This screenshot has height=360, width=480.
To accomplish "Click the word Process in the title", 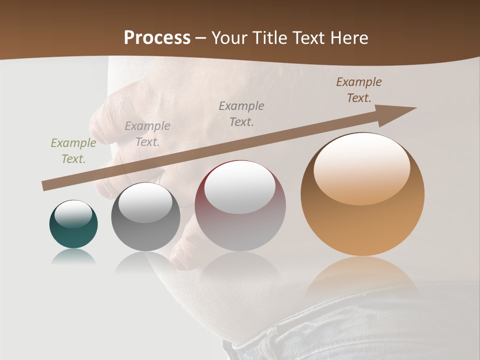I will (157, 38).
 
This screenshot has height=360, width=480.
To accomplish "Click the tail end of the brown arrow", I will (45, 186).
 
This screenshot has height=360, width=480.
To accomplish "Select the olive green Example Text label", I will (73, 151).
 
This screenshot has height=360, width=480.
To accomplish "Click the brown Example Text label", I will (359, 90).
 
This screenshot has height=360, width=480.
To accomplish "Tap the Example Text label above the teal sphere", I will (73, 151).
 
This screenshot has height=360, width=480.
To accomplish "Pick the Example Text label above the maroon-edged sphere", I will (241, 114).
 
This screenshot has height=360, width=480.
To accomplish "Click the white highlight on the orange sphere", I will (361, 167).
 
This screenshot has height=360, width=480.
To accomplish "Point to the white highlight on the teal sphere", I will (73, 214).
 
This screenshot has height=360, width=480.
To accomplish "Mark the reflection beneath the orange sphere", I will (362, 275).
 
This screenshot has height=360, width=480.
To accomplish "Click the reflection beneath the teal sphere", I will (73, 257).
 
